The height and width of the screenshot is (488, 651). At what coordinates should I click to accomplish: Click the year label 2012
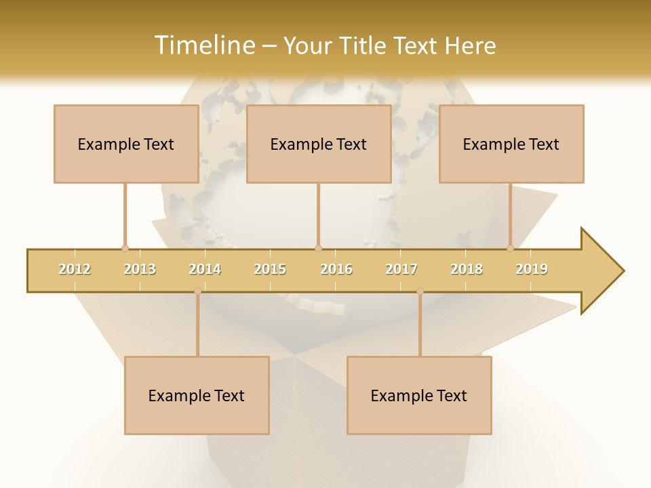[75, 269]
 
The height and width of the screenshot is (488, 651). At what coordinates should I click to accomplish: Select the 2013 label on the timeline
[140, 269]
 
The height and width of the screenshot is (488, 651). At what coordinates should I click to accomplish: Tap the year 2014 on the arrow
[205, 269]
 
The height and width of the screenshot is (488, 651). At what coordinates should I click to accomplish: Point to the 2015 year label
[270, 269]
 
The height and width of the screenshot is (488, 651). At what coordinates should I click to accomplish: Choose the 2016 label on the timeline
[336, 269]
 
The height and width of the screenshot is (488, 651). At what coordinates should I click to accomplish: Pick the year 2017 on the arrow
[401, 269]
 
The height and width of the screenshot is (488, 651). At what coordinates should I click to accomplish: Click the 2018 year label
[467, 269]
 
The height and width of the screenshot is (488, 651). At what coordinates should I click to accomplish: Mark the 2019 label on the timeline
[532, 269]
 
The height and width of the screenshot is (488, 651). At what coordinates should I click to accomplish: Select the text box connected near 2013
[126, 144]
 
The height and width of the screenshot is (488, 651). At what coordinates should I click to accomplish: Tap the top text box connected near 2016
[319, 144]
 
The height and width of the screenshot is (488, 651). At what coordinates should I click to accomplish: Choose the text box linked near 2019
[511, 144]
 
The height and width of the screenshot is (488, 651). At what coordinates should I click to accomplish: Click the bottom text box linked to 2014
[197, 395]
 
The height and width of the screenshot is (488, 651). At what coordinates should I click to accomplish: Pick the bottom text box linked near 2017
[419, 395]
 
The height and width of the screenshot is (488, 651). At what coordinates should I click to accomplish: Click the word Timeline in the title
[203, 45]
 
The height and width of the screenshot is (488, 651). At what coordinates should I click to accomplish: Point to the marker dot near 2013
[125, 248]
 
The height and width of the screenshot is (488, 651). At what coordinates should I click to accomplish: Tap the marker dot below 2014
[197, 291]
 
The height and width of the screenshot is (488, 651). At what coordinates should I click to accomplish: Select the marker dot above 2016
[318, 248]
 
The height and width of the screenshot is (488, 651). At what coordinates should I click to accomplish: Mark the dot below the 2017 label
[420, 291]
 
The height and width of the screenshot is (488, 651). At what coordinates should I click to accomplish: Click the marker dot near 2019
[511, 248]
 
